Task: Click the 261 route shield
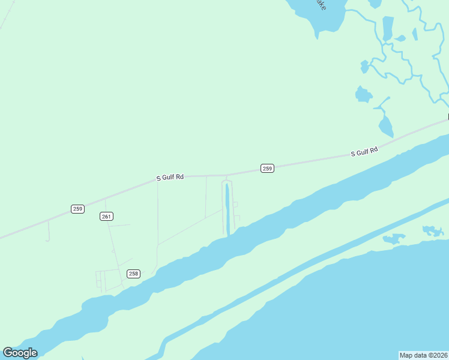click(106, 216)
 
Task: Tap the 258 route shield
click(133, 274)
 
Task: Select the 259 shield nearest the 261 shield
click(77, 209)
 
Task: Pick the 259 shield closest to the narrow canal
click(267, 169)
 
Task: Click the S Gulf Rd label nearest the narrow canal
click(170, 178)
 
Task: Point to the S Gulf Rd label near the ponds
click(364, 152)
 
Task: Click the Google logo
click(20, 353)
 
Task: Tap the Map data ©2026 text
click(423, 355)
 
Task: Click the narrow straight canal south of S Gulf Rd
click(228, 210)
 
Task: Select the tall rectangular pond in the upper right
click(388, 28)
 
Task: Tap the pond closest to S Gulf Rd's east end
click(385, 127)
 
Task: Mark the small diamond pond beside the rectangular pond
click(400, 38)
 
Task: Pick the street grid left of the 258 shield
click(103, 280)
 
